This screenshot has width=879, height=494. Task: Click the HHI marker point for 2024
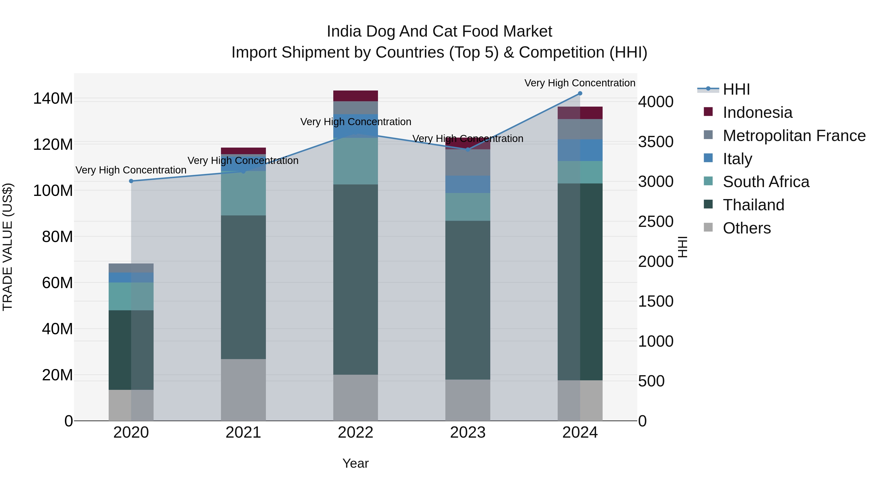(580, 93)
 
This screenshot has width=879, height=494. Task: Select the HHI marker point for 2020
(131, 181)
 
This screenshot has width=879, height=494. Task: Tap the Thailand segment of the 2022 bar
(355, 280)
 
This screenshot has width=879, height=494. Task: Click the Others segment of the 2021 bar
(243, 390)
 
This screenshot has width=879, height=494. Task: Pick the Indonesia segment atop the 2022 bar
(355, 96)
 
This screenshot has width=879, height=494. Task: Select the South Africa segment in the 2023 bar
(468, 207)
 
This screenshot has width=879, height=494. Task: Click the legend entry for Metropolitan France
(794, 136)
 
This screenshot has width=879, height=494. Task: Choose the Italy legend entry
(737, 159)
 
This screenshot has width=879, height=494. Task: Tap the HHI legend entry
(736, 89)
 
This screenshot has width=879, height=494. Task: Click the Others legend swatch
(708, 227)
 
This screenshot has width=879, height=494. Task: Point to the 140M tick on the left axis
(53, 99)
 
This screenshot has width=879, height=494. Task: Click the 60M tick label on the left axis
(57, 283)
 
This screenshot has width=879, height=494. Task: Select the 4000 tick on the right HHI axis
(656, 102)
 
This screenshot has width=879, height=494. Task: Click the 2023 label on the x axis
(468, 433)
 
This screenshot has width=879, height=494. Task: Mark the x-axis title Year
(355, 463)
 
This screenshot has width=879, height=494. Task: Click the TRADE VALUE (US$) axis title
(8, 247)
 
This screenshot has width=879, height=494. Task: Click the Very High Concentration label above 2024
(579, 83)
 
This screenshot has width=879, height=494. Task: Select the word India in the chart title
(344, 32)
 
